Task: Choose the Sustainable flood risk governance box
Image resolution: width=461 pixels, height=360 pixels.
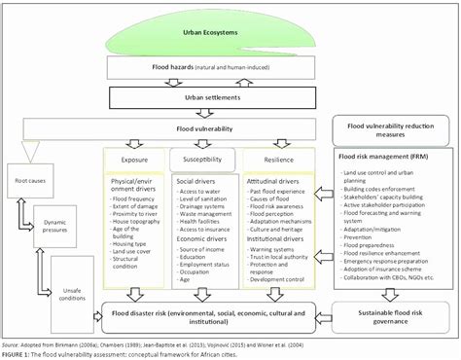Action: (x=392, y=314)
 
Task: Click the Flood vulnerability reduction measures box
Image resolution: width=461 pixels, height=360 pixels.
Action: (x=391, y=130)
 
